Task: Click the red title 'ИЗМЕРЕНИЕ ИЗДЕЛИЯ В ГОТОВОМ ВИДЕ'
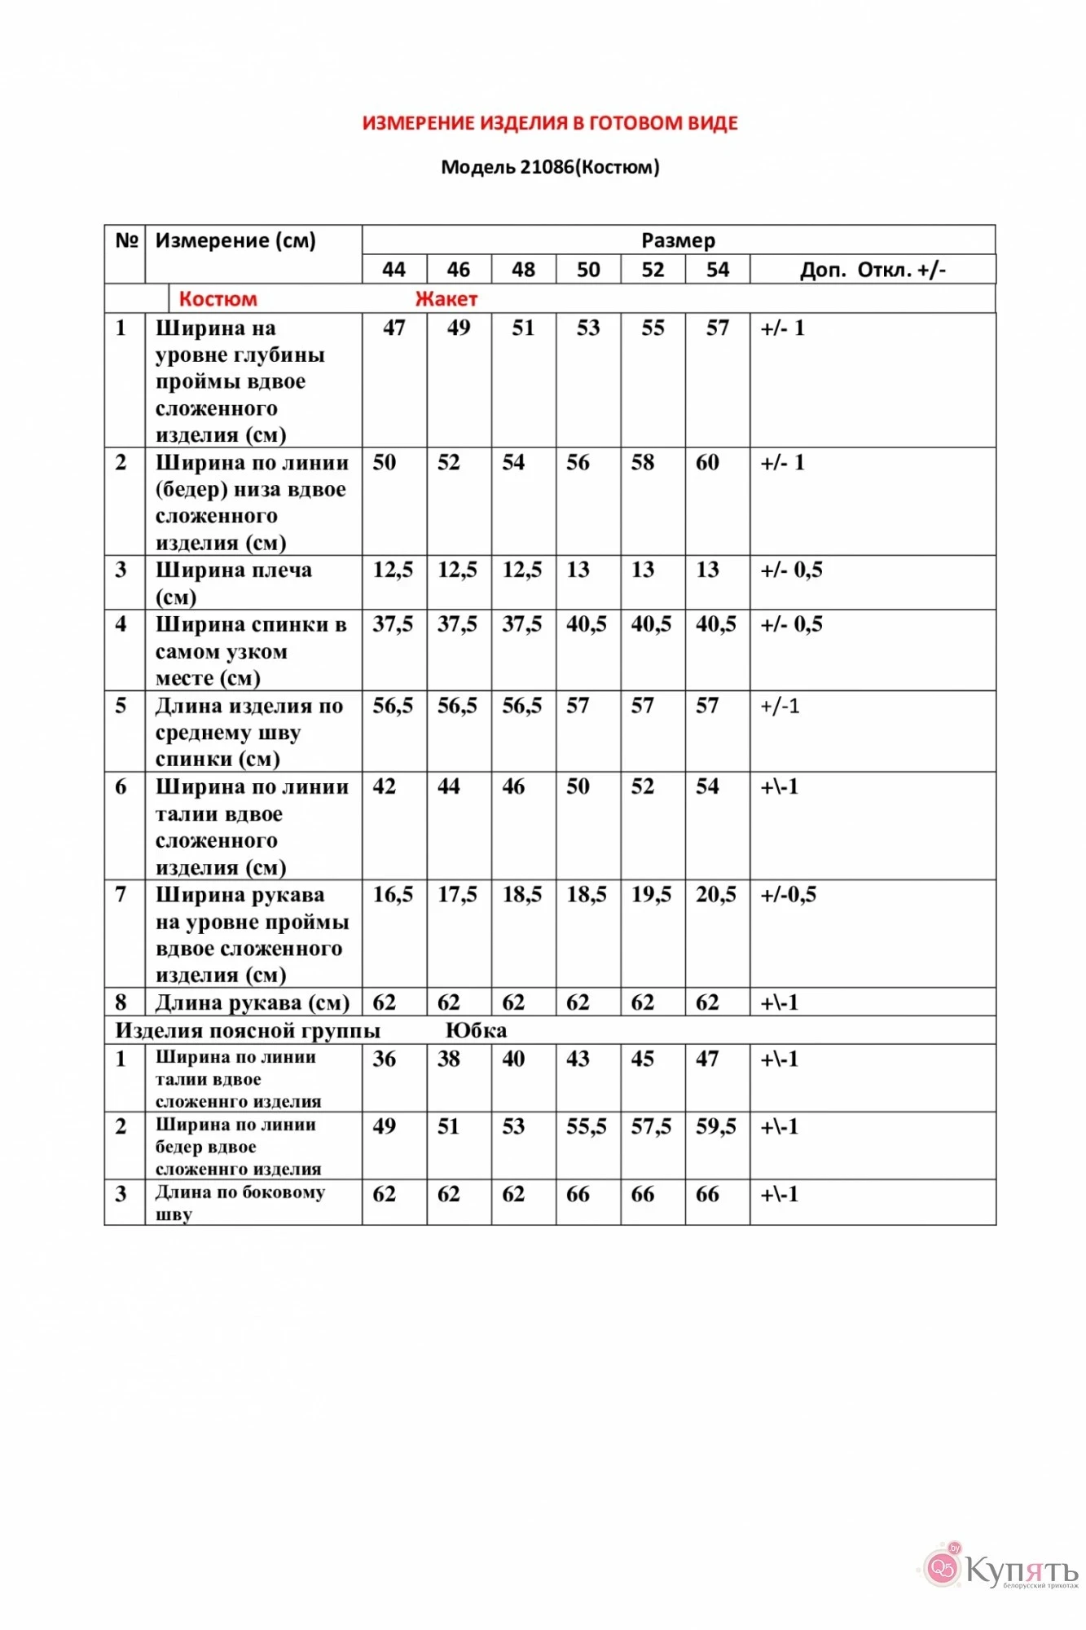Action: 550,123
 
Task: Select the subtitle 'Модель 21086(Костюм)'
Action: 550,167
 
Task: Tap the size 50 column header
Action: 588,270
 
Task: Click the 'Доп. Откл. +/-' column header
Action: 873,270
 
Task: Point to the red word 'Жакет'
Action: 446,299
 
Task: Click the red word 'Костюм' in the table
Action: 218,299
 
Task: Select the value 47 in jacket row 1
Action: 394,328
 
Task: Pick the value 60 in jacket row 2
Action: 707,463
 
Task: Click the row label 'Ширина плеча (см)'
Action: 233,583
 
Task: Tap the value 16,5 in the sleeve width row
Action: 393,895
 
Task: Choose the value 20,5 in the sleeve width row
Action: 715,895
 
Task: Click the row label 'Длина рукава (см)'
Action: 252,1002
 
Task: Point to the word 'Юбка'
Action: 476,1031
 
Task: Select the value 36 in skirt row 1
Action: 384,1059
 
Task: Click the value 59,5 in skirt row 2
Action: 715,1126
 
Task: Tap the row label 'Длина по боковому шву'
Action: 240,1202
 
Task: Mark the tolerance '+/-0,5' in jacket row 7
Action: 788,895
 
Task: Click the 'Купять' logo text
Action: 1022,1571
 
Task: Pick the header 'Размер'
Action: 678,240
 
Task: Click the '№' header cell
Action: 126,240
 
